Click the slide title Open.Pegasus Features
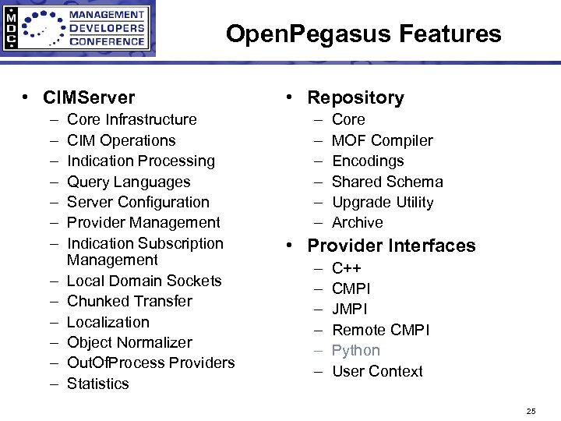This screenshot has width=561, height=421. point(363,34)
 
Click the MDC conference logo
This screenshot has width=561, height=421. point(78,29)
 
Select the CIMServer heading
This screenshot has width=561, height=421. point(89,97)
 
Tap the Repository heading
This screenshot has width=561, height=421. point(355,97)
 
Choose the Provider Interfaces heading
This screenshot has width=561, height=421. point(391,246)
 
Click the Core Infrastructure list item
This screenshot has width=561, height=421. point(132,119)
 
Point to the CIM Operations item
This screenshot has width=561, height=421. point(122,140)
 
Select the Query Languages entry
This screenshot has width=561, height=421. point(129,182)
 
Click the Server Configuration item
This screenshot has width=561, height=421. point(138,202)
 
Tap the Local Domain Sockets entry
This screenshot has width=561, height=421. point(144,281)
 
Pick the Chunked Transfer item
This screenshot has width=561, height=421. point(129,301)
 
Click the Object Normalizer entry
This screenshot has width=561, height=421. point(129,342)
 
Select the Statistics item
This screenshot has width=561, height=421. point(98,384)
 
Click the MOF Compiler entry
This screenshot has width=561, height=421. point(383,140)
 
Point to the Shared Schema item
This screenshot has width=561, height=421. point(387,182)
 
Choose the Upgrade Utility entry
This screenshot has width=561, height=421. point(383,202)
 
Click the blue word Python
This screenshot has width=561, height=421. point(356,351)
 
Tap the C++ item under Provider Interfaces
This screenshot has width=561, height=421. point(347,268)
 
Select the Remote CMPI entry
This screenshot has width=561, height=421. point(380,330)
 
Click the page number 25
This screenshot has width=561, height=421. point(531,410)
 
